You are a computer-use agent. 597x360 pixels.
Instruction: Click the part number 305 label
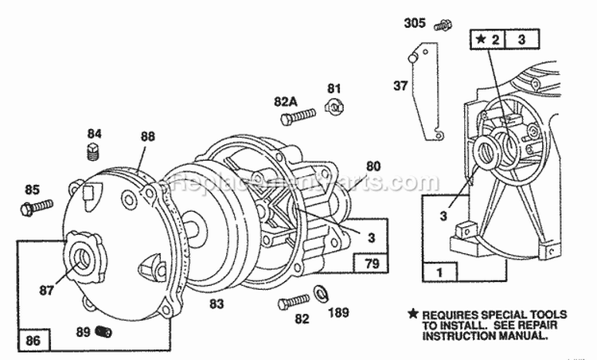pyautogui.click(x=415, y=22)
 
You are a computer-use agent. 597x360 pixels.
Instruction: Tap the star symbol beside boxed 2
pyautogui.click(x=480, y=38)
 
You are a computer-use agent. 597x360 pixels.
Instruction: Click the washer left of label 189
pyautogui.click(x=326, y=289)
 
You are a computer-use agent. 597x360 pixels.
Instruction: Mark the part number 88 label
pyautogui.click(x=147, y=137)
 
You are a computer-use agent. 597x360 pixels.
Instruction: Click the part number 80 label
pyautogui.click(x=373, y=166)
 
